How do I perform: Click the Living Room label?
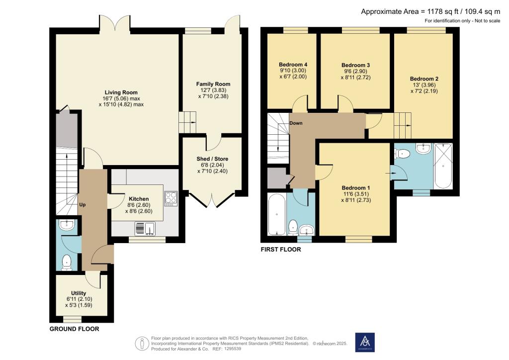[x=121, y=92]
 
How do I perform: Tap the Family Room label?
[x=213, y=84]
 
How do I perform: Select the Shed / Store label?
[x=212, y=159]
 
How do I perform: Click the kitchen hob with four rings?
[x=171, y=199]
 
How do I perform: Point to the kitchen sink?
[x=145, y=229]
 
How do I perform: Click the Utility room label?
[x=79, y=293]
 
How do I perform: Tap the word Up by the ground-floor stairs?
[x=83, y=205]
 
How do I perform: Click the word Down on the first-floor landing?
[x=296, y=123]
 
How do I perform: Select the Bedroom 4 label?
[x=293, y=65]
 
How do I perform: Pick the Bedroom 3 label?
[x=355, y=65]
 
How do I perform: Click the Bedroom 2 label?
[x=424, y=79]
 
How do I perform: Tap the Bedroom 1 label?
[x=356, y=188]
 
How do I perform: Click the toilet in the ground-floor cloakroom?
[x=67, y=262]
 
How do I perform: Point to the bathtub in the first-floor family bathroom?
[x=277, y=214]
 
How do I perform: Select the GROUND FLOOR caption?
[x=75, y=329]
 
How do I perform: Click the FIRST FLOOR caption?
[x=281, y=249]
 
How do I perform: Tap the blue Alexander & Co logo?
[x=365, y=342]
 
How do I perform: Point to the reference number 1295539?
[x=231, y=349]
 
